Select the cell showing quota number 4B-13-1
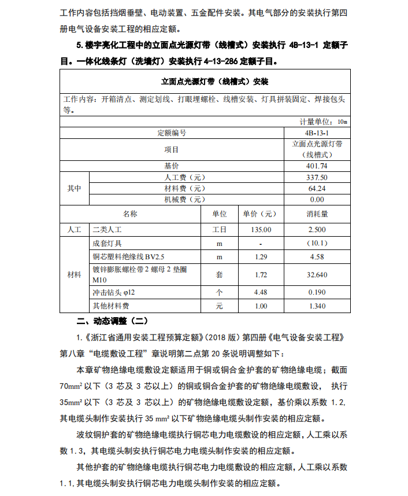317,133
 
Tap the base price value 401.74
317,166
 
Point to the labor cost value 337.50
317,178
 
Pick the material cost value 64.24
317,189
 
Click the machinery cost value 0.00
317,200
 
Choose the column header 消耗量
317,214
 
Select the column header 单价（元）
261,214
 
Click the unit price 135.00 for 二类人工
261,230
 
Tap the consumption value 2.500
317,230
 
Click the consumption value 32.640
317,275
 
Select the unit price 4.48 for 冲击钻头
261,292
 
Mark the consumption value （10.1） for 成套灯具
317,244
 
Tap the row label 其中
75,189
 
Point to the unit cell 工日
219,230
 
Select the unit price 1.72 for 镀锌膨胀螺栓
261,275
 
